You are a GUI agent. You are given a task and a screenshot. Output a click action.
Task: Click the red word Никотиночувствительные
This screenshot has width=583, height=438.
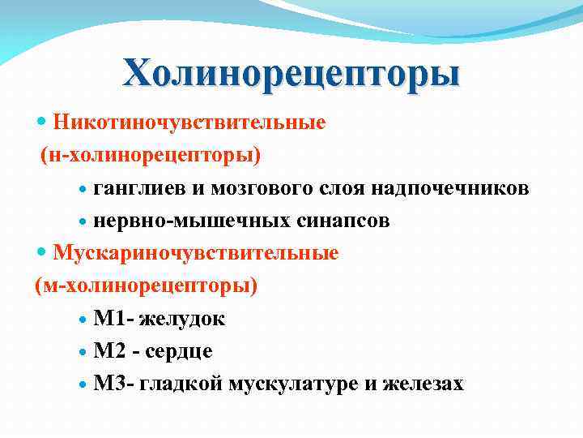[x=189, y=122]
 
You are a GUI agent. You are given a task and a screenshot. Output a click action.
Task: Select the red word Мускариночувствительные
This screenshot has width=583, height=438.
[x=196, y=253]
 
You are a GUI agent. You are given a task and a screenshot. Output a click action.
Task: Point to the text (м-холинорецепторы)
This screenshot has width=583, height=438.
[x=147, y=286]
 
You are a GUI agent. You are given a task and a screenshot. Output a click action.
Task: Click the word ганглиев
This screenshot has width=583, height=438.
[x=139, y=189]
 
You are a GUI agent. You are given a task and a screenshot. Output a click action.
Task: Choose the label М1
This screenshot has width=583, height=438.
[x=108, y=319]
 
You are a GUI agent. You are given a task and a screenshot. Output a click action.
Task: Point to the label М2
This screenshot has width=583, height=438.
[x=108, y=351]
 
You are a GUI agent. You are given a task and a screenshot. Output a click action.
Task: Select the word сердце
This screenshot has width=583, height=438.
[x=181, y=351]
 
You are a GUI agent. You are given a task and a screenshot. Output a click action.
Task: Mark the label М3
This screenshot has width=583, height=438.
[x=108, y=384]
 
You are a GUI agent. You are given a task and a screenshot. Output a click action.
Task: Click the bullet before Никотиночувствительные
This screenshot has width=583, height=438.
[x=43, y=122]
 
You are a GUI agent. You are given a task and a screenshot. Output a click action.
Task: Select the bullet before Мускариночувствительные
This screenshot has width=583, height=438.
[x=43, y=253]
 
